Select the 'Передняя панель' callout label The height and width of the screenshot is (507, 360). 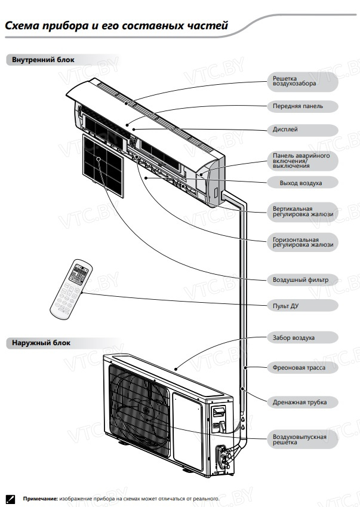click(298, 106)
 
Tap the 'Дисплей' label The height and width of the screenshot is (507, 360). click(285, 130)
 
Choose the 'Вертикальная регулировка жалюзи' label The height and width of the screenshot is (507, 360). click(302, 211)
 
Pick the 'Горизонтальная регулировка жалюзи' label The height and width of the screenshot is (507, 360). click(302, 242)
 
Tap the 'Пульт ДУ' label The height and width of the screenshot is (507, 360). click(285, 306)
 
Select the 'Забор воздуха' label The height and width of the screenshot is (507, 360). click(293, 338)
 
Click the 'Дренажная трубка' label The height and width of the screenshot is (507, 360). click(299, 402)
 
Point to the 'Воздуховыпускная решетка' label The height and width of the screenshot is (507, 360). click(299, 440)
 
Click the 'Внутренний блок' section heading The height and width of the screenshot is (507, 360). click(39, 60)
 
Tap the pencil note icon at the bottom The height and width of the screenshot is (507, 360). click(10, 498)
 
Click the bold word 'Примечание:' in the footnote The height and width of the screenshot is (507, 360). click(41, 498)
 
